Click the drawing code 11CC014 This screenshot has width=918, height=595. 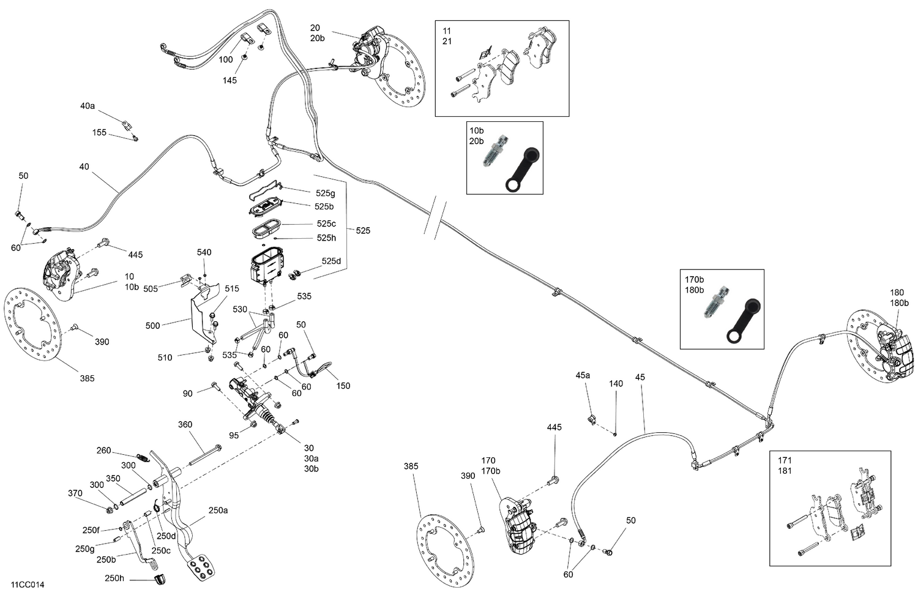click(27, 585)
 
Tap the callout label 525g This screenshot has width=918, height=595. click(325, 193)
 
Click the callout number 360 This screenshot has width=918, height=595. click(185, 424)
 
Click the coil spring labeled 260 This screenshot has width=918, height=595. click(143, 457)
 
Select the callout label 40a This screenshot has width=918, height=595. click(88, 106)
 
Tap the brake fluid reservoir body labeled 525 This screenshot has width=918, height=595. click(266, 265)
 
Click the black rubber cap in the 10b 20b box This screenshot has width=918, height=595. click(521, 170)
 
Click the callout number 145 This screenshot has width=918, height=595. click(229, 80)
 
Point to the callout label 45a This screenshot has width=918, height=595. click(583, 375)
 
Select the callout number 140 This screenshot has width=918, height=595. click(616, 384)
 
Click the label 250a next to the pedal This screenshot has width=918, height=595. click(218, 510)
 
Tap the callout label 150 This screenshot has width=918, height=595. click(343, 386)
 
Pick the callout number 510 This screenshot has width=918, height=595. click(165, 357)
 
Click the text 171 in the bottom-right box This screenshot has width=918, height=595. click(785, 460)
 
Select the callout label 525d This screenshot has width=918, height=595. click(330, 261)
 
